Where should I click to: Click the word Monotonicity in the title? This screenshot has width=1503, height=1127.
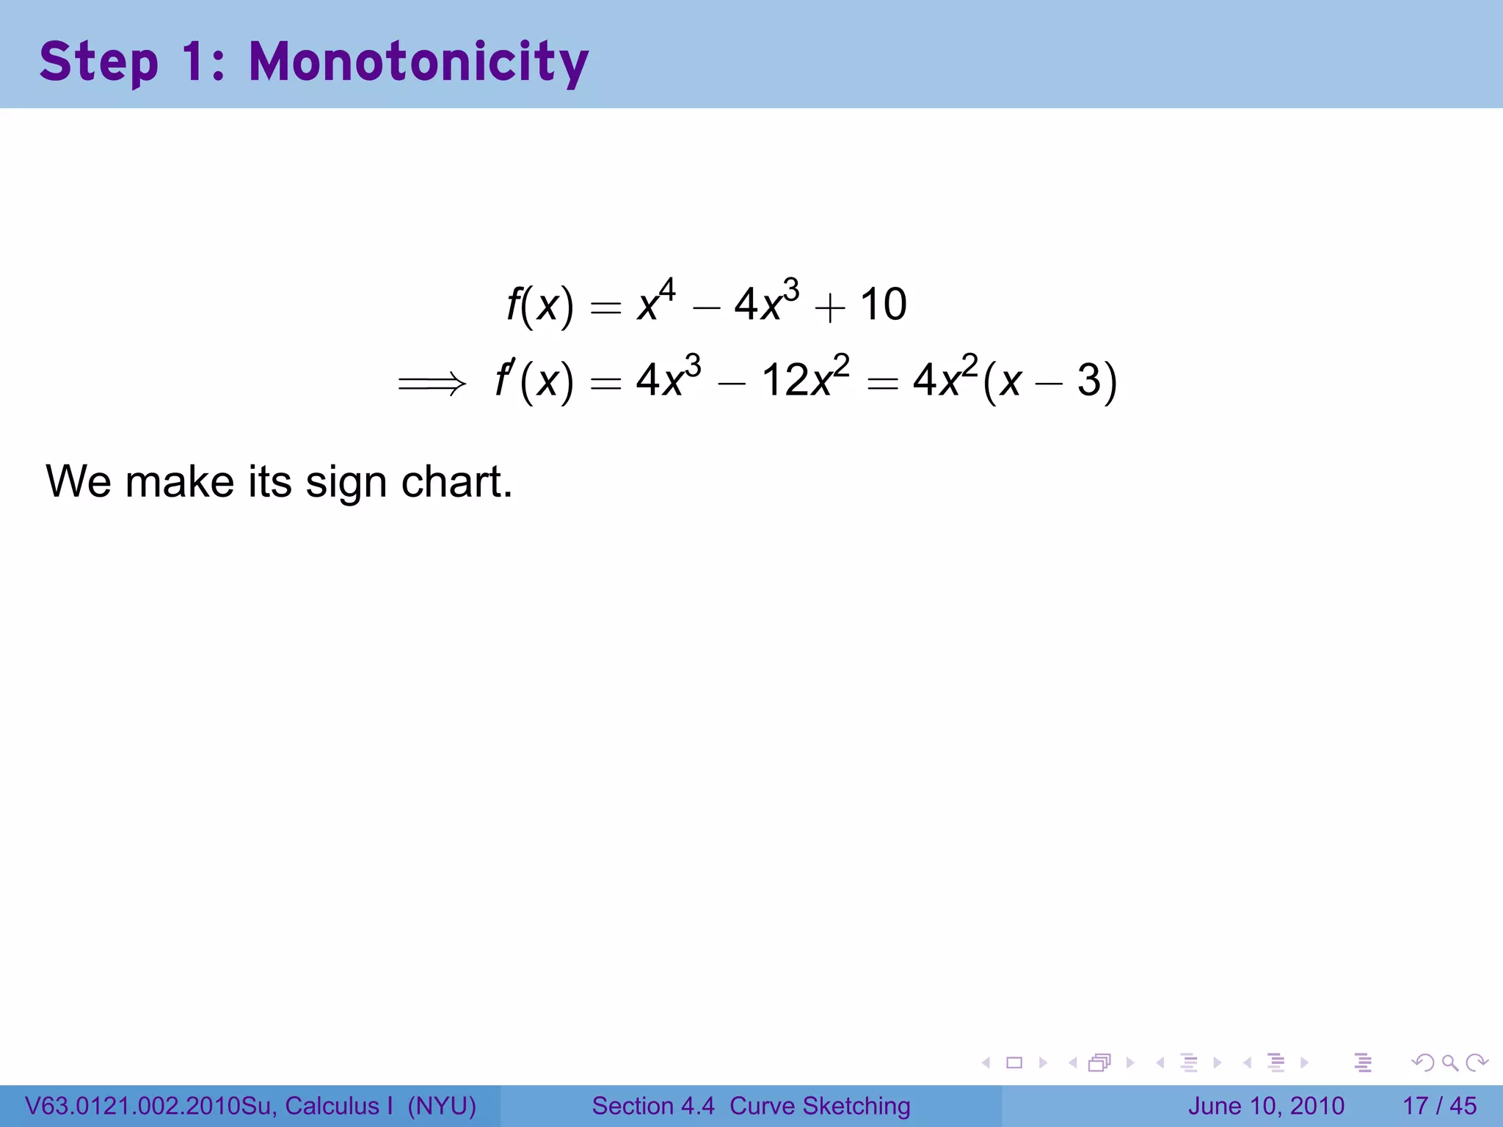[418, 62]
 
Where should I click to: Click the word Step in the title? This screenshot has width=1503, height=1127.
[99, 63]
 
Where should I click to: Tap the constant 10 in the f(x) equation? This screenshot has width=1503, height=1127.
[883, 304]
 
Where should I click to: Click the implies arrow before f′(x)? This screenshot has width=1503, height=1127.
[432, 383]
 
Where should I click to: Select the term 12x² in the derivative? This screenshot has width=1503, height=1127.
[805, 379]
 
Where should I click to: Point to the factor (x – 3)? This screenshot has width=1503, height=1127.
[1049, 382]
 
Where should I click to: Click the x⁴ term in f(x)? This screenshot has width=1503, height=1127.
[656, 301]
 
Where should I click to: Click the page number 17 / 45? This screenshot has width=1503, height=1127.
[1439, 1106]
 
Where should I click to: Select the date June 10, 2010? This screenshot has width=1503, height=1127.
[1266, 1106]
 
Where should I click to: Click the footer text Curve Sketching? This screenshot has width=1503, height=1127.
[820, 1106]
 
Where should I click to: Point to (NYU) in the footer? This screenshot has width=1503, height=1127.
[442, 1106]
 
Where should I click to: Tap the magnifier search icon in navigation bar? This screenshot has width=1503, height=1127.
[1449, 1062]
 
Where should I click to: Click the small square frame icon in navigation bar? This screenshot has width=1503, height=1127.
[1014, 1062]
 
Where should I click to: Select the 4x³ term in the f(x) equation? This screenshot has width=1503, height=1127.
[766, 302]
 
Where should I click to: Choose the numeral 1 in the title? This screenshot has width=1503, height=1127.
[193, 62]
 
